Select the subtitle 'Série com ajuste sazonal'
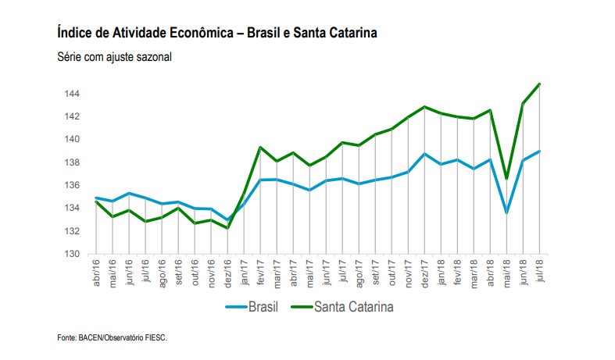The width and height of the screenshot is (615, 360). point(114,57)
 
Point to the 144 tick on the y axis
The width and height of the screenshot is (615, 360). point(71,94)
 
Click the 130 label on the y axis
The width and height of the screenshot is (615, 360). point(71,254)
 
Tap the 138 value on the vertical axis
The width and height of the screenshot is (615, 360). point(71,162)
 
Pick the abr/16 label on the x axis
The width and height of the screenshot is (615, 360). point(96,272)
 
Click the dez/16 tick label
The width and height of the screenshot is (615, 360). point(227,272)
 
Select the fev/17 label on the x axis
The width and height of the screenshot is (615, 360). point(260,272)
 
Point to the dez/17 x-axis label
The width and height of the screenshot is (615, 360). point(424,272)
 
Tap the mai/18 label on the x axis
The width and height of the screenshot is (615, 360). point(506,272)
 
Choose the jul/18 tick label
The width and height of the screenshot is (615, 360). point(539,272)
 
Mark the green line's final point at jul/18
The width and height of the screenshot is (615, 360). point(540,84)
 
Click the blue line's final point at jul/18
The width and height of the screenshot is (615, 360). point(540,151)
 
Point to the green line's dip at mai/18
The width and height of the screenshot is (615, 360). point(507,178)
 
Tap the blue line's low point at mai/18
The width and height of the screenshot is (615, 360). point(507,212)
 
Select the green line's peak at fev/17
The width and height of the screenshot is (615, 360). point(260,148)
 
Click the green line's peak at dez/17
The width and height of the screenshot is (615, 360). point(424,107)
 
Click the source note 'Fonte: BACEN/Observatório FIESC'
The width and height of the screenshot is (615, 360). point(113,338)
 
